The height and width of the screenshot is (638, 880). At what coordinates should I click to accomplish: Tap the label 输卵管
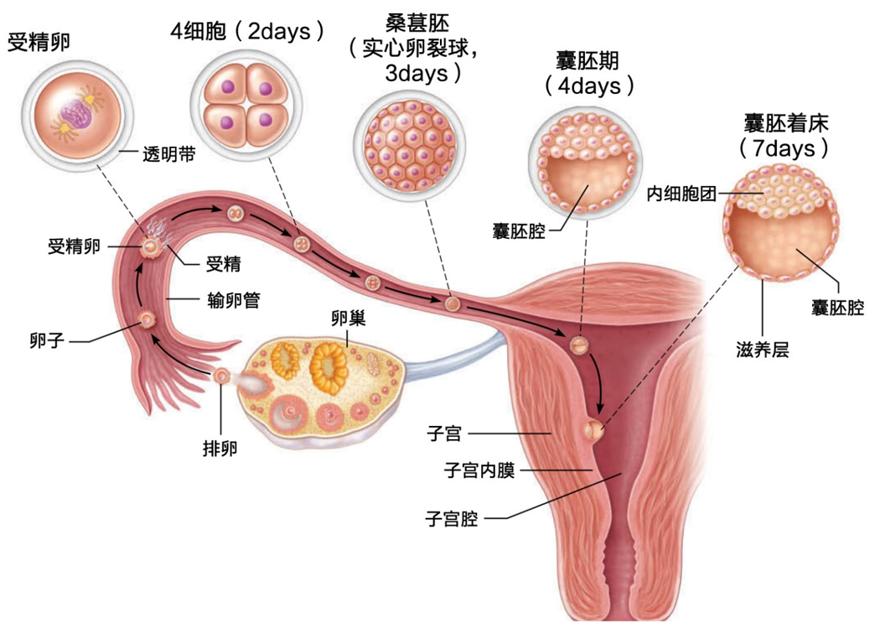tap(234, 300)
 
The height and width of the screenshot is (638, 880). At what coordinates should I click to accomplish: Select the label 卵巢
tap(349, 319)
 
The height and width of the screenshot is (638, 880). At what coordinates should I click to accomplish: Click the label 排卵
tap(220, 449)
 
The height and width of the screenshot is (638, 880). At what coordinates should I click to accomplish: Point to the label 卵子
tap(47, 340)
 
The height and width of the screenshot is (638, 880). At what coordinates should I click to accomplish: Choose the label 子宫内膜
tap(479, 470)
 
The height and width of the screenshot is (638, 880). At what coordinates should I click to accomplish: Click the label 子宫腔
tap(452, 518)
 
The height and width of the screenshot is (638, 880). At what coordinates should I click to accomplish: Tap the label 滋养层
tap(762, 350)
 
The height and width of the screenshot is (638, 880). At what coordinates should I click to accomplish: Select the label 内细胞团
tap(681, 194)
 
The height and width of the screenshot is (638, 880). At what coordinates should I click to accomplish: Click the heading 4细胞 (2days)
tap(247, 32)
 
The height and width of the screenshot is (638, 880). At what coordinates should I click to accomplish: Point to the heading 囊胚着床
tap(786, 123)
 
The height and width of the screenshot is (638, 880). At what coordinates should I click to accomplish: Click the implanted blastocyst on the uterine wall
tap(593, 431)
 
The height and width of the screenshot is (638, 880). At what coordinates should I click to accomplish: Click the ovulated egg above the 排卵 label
tap(222, 376)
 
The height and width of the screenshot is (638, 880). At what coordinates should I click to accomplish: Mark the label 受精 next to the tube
tap(224, 263)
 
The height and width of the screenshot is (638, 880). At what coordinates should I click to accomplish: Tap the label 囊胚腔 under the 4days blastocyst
tap(519, 231)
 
